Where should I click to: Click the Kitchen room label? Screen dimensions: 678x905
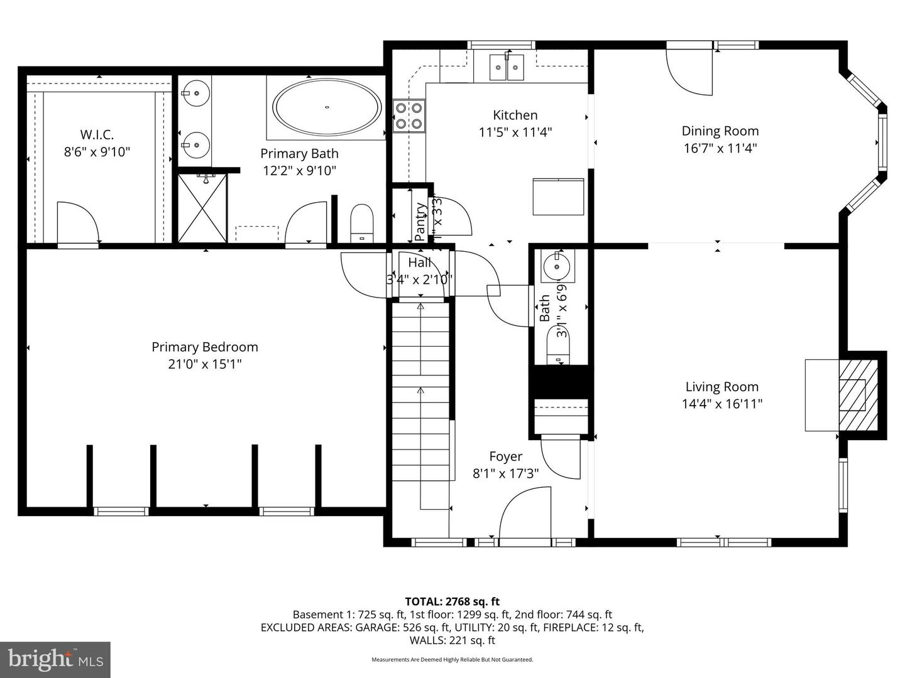[x=515, y=115]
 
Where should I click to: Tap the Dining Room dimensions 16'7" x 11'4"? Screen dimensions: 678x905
[x=720, y=148]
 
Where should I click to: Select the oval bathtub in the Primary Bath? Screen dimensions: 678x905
[x=327, y=107]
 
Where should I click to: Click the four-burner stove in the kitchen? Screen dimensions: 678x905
[x=409, y=116]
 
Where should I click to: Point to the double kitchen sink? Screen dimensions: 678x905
[x=507, y=67]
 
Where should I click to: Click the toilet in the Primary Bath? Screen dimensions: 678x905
[x=361, y=222]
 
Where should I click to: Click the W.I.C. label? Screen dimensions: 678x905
[x=97, y=134]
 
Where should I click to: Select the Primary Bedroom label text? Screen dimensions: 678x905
[x=205, y=347]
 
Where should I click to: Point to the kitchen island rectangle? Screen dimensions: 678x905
[x=558, y=196]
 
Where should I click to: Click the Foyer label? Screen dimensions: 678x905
[x=505, y=456]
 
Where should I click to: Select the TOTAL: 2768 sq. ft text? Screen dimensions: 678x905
[x=452, y=601]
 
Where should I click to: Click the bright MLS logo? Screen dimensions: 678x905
[x=55, y=659]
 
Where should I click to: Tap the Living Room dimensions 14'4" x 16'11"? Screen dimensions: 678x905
[x=721, y=404]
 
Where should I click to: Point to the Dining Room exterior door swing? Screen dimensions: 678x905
[x=691, y=72]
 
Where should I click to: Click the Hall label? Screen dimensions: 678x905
[x=419, y=262]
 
